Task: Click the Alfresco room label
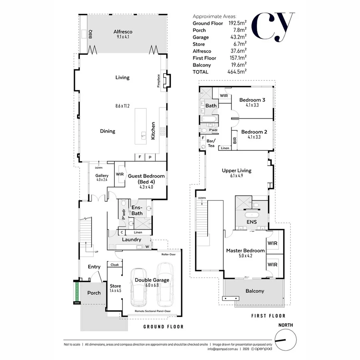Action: pyautogui.click(x=123, y=32)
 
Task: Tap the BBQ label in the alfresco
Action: pyautogui.click(x=90, y=34)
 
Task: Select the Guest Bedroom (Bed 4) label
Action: pyautogui.click(x=146, y=178)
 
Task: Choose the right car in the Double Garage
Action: pyautogui.click(x=164, y=282)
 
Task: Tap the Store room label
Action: pyautogui.click(x=115, y=286)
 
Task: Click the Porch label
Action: pyautogui.click(x=94, y=293)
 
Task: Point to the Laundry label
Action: pyautogui.click(x=132, y=240)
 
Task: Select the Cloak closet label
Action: pyautogui.click(x=115, y=265)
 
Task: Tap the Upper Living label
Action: pyautogui.click(x=237, y=170)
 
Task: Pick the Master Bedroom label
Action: pyautogui.click(x=245, y=251)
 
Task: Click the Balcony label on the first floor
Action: pyautogui.click(x=255, y=291)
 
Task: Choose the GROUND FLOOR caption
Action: pyautogui.click(x=163, y=327)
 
